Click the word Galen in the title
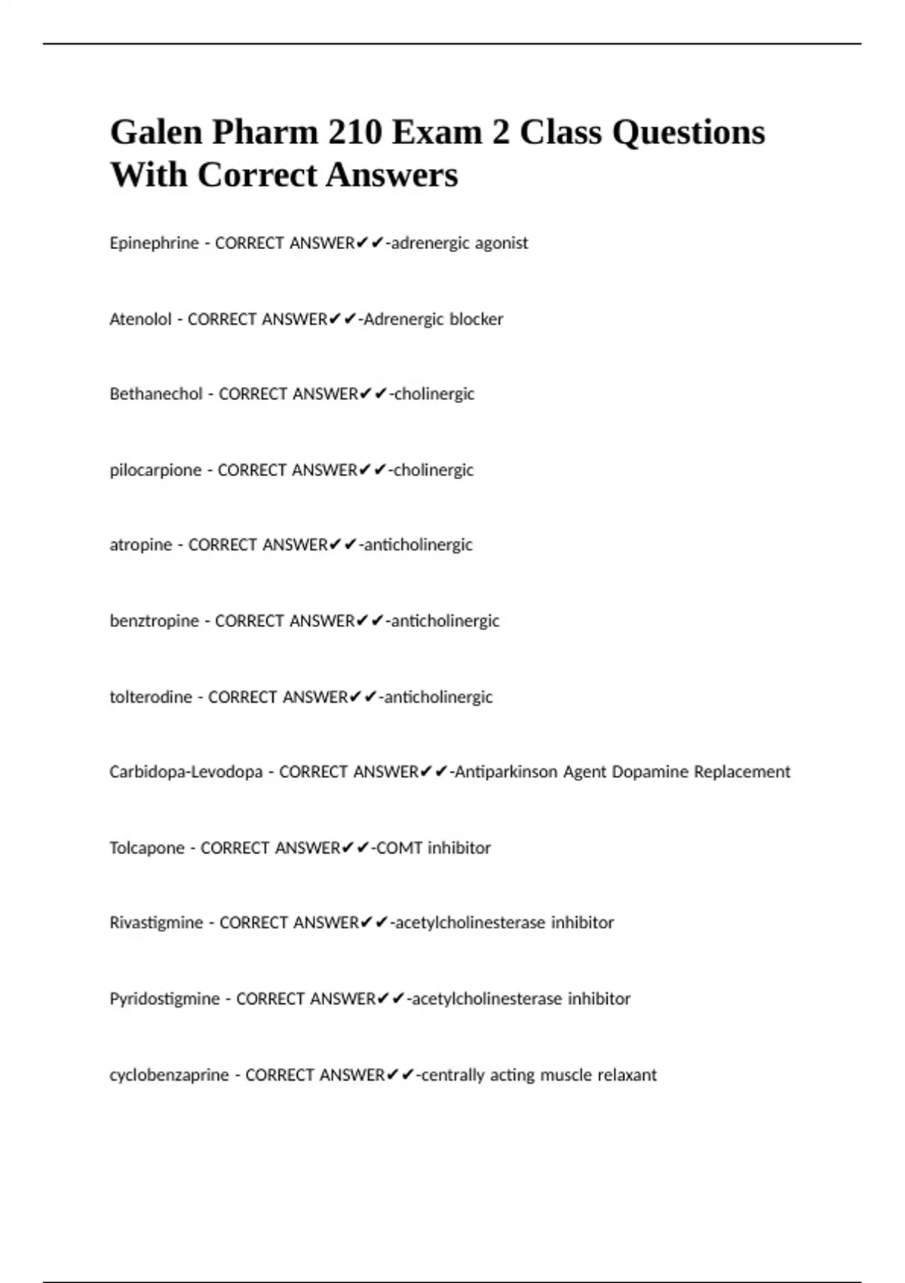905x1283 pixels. pos(155,133)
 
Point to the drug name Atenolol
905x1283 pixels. pos(140,319)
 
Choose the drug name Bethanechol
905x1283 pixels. pos(156,394)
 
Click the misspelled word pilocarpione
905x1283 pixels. pos(155,470)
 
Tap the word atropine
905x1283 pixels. pos(140,545)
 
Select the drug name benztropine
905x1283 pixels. pos(154,621)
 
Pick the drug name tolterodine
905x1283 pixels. pos(151,697)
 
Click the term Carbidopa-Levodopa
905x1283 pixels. pos(186,772)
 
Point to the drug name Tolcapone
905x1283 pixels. pos(147,848)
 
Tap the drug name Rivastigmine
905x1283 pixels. pos(156,923)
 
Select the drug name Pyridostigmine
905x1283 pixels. pos(164,999)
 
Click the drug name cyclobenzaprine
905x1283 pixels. pos(169,1075)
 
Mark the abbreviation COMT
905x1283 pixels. pos(399,848)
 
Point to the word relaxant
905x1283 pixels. pos(627,1075)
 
